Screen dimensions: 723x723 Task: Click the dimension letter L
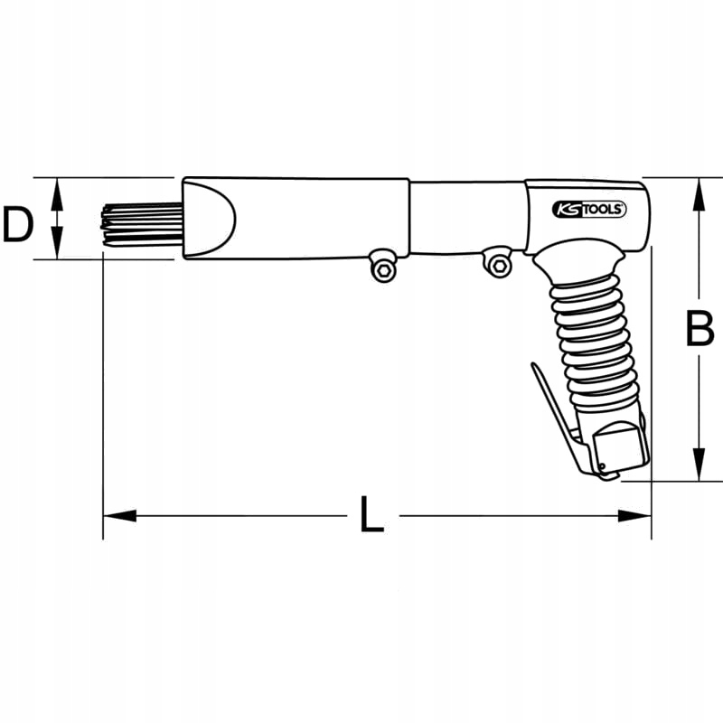[x=370, y=516]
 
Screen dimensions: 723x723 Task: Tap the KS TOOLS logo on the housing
[x=588, y=210]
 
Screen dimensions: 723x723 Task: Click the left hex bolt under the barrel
[x=384, y=268]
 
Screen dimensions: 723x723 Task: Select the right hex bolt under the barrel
[x=498, y=263]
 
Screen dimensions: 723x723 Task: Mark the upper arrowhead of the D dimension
[x=57, y=191]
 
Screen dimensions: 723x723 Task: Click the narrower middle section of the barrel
[x=465, y=217]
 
